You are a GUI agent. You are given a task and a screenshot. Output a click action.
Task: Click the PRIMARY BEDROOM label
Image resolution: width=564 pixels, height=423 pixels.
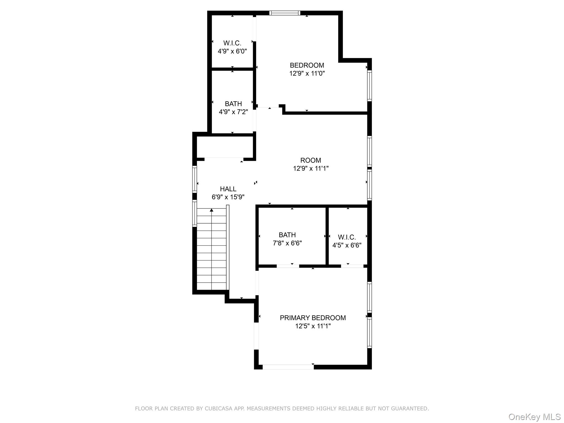(313, 318)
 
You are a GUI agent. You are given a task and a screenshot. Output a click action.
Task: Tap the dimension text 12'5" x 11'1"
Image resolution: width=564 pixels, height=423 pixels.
(313, 326)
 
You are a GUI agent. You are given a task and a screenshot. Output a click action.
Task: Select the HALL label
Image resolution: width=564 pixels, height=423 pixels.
(228, 189)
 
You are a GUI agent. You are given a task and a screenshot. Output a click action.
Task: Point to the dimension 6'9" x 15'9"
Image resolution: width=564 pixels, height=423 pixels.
(228, 197)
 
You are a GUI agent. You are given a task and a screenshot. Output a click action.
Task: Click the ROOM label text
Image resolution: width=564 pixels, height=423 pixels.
(311, 160)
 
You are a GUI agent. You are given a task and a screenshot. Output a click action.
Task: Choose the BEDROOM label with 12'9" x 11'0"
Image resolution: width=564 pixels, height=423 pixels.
(307, 65)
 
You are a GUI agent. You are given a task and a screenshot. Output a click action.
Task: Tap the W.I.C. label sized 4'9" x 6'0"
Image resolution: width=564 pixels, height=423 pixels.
(232, 43)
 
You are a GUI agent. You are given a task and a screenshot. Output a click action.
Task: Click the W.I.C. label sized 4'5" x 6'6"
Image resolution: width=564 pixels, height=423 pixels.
(347, 237)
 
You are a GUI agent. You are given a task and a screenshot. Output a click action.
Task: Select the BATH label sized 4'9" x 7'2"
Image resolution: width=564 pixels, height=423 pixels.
(233, 104)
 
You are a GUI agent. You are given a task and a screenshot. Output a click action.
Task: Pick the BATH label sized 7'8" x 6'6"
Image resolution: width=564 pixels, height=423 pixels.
(287, 235)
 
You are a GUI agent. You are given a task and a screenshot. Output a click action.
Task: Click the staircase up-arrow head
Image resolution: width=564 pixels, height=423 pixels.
(211, 210)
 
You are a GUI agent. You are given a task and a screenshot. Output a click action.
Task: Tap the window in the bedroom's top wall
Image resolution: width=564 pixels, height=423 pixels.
(285, 13)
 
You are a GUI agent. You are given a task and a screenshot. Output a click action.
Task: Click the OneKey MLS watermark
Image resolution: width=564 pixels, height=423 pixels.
(534, 417)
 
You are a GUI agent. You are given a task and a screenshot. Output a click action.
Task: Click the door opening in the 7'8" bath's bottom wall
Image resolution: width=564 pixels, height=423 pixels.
(288, 266)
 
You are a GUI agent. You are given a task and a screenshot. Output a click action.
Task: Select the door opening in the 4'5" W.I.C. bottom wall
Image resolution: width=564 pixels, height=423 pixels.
(352, 266)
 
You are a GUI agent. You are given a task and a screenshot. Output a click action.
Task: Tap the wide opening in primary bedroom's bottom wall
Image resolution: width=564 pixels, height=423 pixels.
(288, 367)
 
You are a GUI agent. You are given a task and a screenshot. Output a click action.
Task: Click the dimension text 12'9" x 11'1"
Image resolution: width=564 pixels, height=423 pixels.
(311, 169)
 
